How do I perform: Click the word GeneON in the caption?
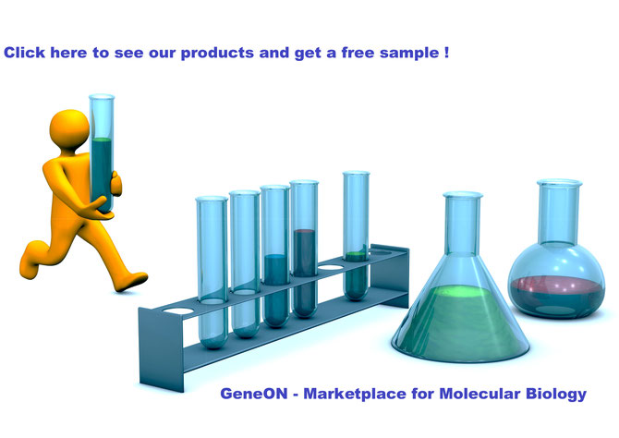pos(254,394)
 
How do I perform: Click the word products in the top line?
pos(217,53)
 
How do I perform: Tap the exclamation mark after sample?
pos(446,53)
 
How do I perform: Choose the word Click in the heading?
pos(24,53)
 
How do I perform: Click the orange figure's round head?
pos(69,129)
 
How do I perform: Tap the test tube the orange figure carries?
pos(102,153)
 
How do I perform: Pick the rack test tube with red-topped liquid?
pos(304,249)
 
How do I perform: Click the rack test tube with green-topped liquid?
pos(356,236)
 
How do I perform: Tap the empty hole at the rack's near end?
pos(178,310)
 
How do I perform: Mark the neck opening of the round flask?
pos(559,183)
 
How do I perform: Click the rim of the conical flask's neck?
pos(463,195)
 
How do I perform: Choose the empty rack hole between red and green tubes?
pos(331,267)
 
